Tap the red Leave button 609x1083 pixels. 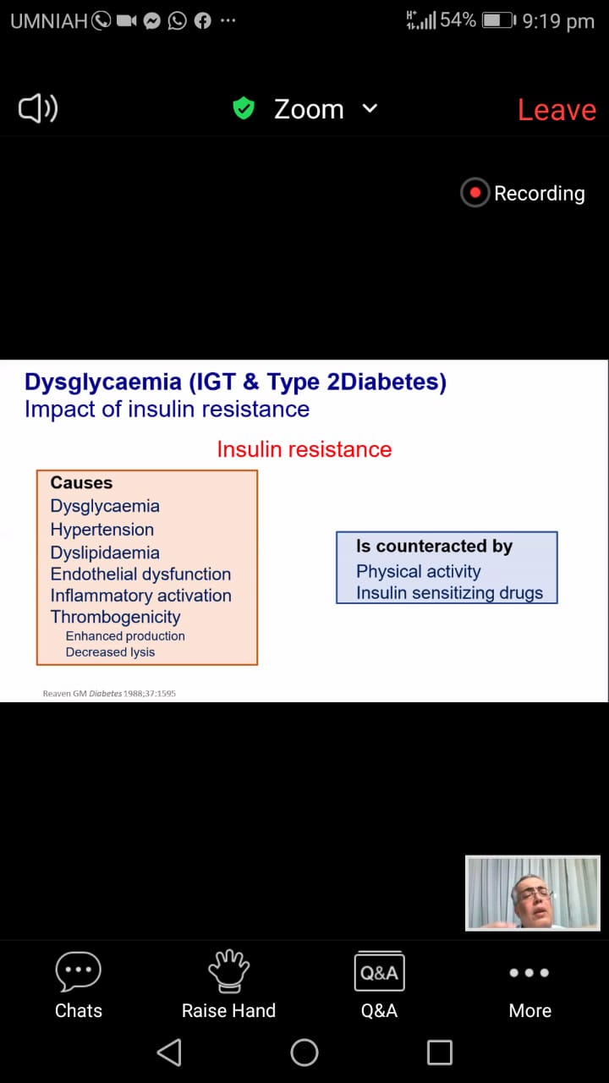(x=557, y=110)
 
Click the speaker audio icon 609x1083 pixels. (x=38, y=108)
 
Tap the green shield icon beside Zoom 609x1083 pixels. (x=244, y=107)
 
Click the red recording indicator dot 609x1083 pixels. (x=475, y=193)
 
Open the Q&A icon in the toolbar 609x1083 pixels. (x=380, y=971)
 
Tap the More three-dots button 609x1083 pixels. (x=529, y=973)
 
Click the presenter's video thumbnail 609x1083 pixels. (x=533, y=893)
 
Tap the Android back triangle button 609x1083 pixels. (x=170, y=1053)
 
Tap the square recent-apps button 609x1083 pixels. (x=440, y=1053)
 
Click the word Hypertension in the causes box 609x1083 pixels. (x=102, y=530)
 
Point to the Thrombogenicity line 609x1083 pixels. (x=116, y=618)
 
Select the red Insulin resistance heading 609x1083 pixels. (x=304, y=449)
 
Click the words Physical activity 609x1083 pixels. (x=419, y=572)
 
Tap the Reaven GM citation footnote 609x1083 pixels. (x=109, y=693)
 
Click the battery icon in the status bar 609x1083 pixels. (x=499, y=21)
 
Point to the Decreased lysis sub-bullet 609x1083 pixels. (x=110, y=652)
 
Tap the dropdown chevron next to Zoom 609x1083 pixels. (x=370, y=109)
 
